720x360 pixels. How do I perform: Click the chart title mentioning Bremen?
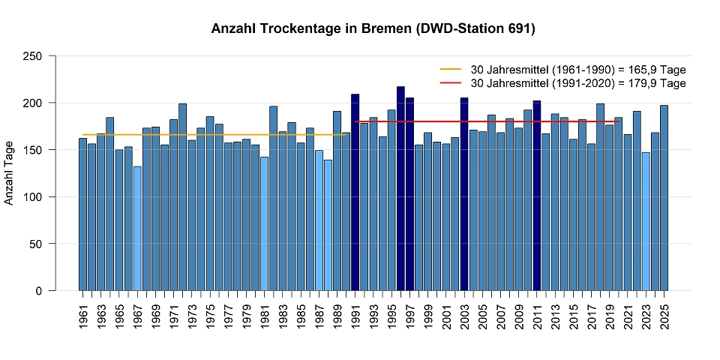373,28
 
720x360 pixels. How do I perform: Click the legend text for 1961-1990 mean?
577,70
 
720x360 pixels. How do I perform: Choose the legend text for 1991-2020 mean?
577,83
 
